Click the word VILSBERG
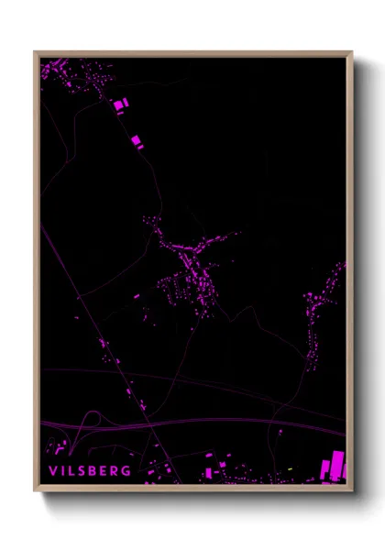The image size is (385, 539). click(91, 471)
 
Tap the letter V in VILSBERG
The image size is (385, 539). click(54, 471)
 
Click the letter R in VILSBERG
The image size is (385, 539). click(115, 471)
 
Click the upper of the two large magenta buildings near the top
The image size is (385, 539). click(118, 105)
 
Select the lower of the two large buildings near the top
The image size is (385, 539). click(137, 140)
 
